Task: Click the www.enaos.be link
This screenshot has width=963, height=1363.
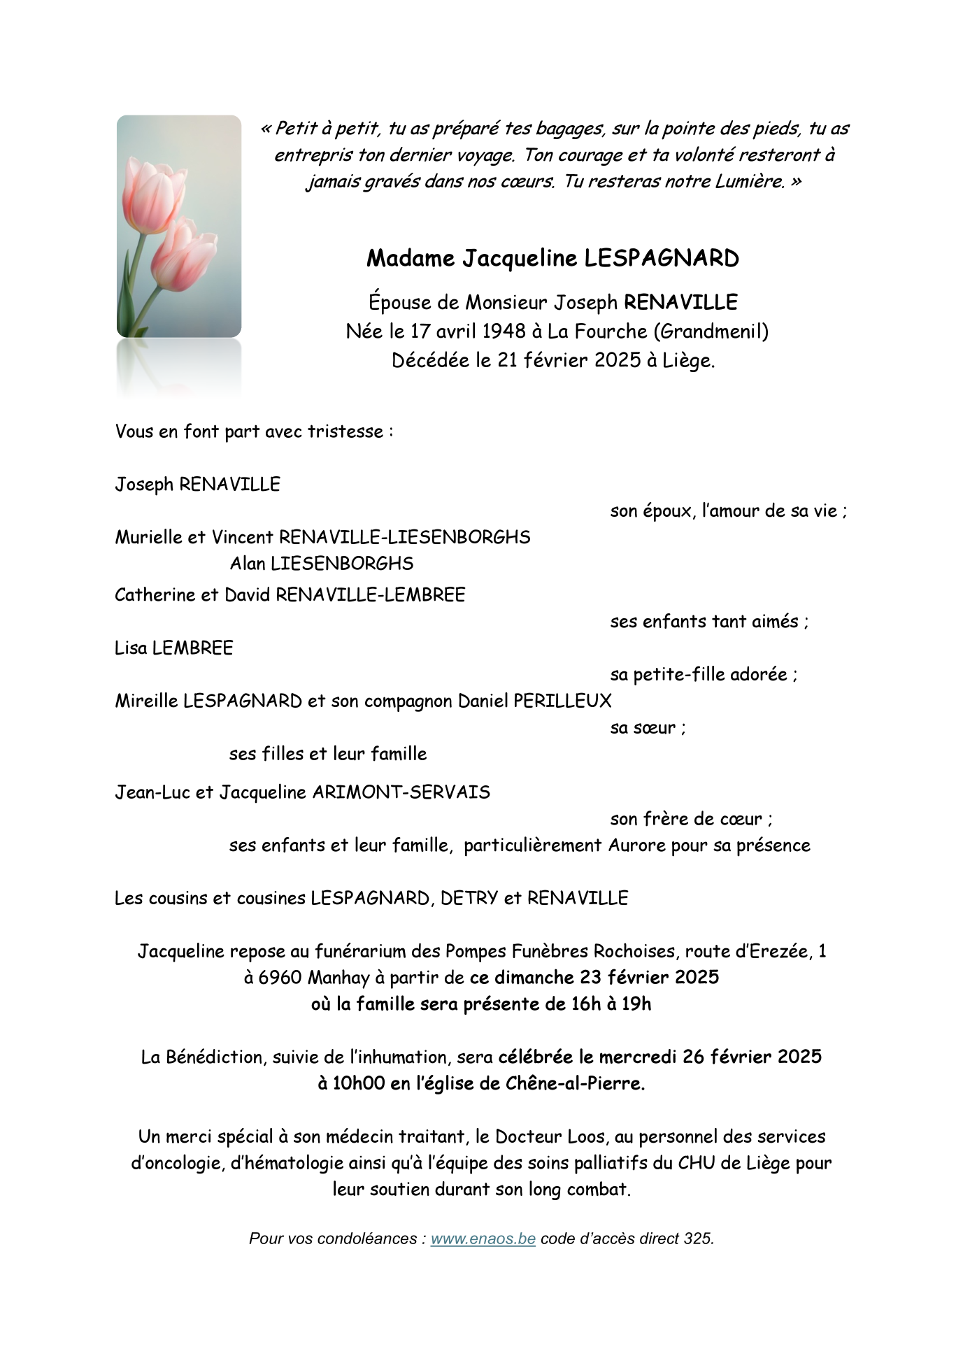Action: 483,1239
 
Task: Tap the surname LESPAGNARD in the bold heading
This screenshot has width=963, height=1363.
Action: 662,259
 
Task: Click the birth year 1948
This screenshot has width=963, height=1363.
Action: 504,331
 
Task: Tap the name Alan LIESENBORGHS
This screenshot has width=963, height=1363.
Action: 322,564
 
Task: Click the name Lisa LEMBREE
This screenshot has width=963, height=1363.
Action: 173,648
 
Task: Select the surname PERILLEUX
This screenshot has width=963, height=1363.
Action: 562,701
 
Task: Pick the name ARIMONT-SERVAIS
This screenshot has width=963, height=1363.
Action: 401,793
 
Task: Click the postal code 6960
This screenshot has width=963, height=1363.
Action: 280,978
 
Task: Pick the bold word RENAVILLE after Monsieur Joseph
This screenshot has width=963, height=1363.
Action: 680,303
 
